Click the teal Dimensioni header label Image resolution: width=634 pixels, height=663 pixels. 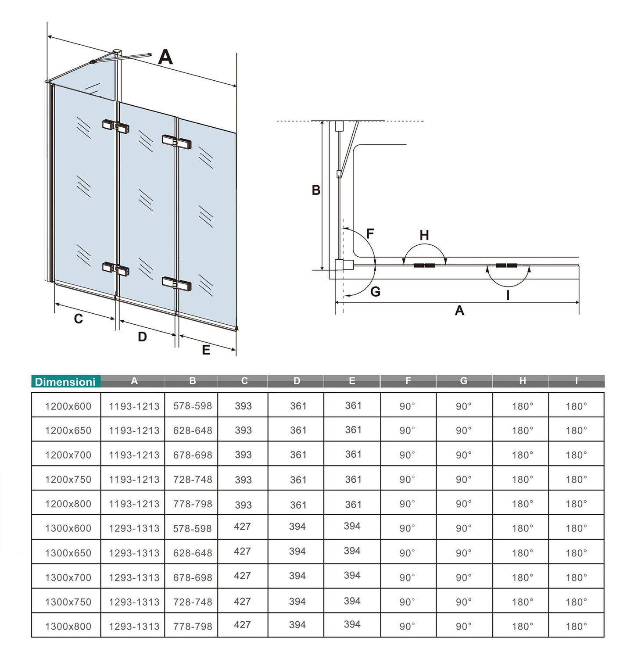pyautogui.click(x=65, y=382)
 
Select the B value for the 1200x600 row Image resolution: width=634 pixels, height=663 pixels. pyautogui.click(x=192, y=406)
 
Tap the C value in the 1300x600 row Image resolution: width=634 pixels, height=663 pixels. pyautogui.click(x=242, y=527)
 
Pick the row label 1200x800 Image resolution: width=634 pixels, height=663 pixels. pyautogui.click(x=68, y=504)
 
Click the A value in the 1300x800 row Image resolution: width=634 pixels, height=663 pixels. pyautogui.click(x=134, y=627)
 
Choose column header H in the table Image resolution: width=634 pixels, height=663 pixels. pyautogui.click(x=522, y=381)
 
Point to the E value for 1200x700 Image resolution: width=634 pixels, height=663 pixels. pyautogui.click(x=353, y=455)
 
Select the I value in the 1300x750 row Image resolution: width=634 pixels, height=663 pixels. pyautogui.click(x=576, y=602)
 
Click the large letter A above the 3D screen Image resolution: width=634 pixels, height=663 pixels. pyautogui.click(x=165, y=57)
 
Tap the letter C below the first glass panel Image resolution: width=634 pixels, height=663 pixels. pyautogui.click(x=78, y=319)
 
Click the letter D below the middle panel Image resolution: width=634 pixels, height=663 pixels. pyautogui.click(x=142, y=337)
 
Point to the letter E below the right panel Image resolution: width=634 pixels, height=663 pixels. pyautogui.click(x=206, y=350)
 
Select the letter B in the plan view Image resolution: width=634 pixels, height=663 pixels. pyautogui.click(x=316, y=190)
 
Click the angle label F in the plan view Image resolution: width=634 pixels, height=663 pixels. pyautogui.click(x=370, y=233)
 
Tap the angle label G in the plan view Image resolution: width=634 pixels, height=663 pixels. pyautogui.click(x=375, y=292)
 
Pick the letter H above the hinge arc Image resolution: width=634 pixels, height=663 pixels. pyautogui.click(x=424, y=235)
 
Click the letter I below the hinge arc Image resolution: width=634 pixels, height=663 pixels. pyautogui.click(x=508, y=295)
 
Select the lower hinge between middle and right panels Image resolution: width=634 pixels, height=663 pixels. pyautogui.click(x=176, y=283)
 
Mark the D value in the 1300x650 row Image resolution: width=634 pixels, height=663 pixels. pyautogui.click(x=297, y=552)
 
